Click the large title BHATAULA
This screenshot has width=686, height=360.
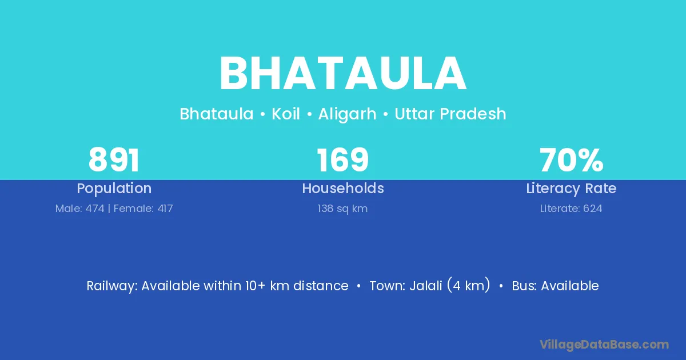click(343, 74)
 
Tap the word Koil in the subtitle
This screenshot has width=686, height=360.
click(286, 114)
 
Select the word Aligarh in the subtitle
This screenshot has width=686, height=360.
click(348, 114)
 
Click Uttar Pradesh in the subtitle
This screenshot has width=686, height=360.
click(450, 114)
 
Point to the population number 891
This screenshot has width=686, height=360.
click(114, 160)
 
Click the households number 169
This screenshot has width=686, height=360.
click(342, 160)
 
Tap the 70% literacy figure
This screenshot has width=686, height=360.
click(572, 160)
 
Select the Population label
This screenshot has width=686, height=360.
click(114, 189)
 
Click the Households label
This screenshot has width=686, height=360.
click(343, 188)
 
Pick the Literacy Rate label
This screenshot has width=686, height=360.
click(571, 189)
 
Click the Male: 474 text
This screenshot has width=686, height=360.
click(80, 209)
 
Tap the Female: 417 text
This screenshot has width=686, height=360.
click(143, 209)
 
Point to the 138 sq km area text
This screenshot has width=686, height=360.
click(342, 209)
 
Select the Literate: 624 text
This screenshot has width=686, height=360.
click(571, 209)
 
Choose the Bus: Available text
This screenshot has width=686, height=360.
click(555, 286)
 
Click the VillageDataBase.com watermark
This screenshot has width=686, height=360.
click(604, 345)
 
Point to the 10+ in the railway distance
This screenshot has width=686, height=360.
click(255, 286)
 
